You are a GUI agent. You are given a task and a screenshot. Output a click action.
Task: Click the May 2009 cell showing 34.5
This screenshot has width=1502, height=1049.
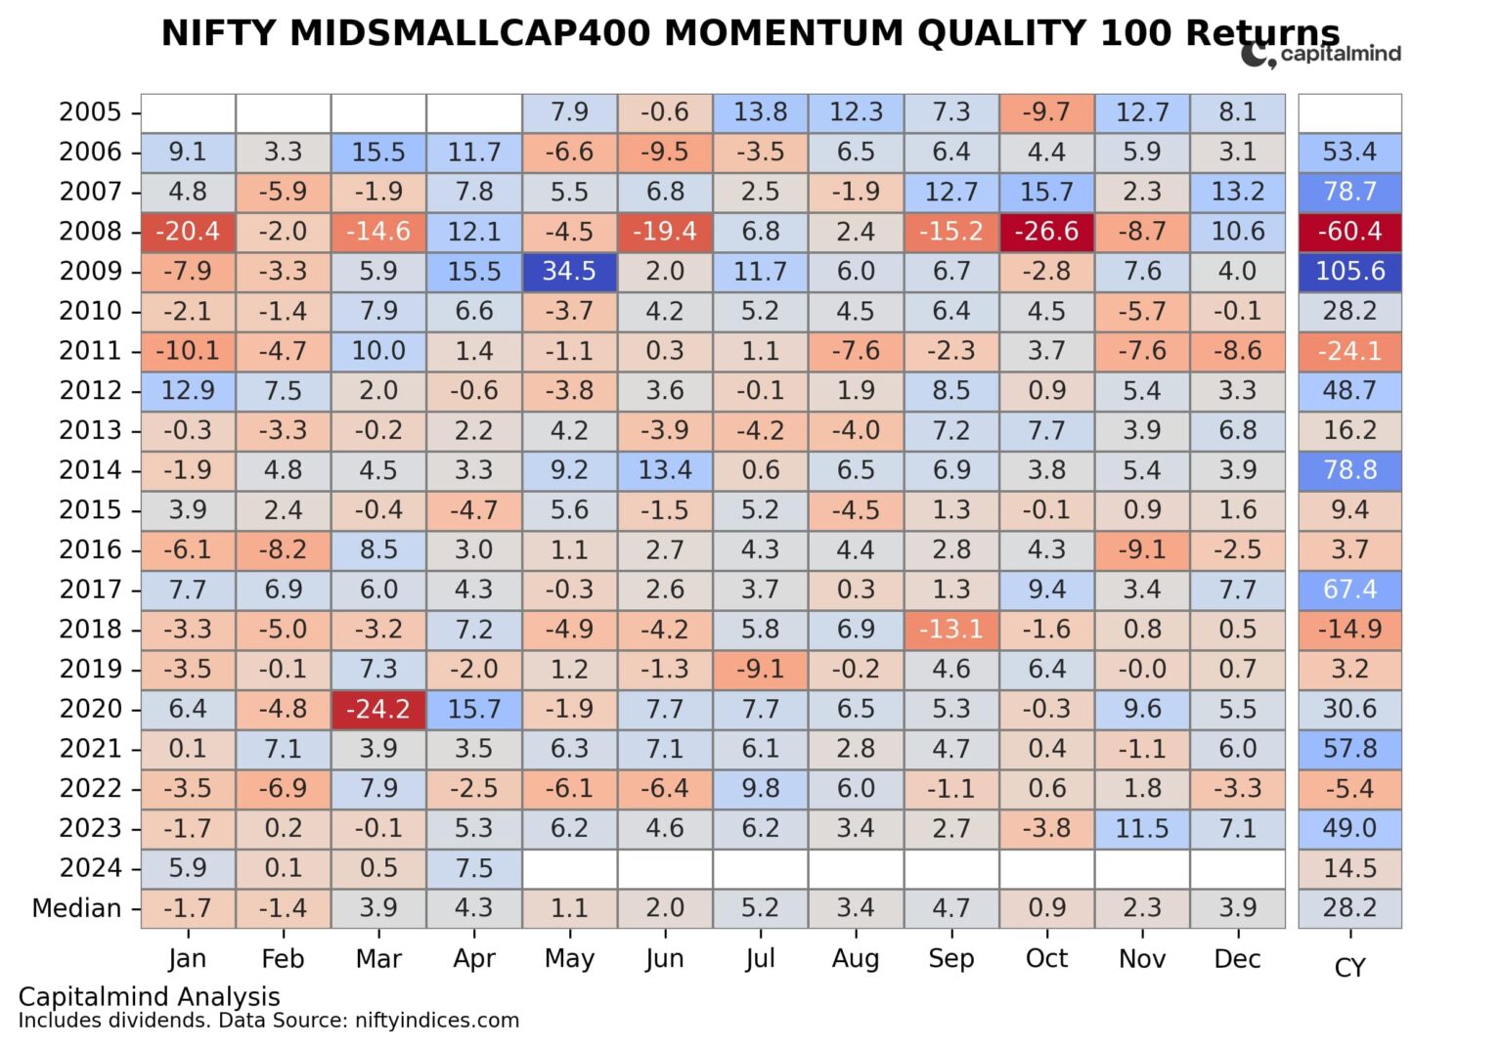click(569, 271)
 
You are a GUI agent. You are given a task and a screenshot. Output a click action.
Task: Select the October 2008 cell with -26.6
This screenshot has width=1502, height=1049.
click(1046, 232)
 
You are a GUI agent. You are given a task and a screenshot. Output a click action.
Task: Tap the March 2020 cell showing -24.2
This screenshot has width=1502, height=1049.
click(378, 709)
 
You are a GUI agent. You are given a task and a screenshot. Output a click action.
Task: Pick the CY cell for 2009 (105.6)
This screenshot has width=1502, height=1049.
click(1349, 271)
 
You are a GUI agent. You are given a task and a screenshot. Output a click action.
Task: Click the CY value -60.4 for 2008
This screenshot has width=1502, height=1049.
click(1349, 232)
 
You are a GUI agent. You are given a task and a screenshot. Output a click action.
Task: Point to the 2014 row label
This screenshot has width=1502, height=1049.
click(90, 470)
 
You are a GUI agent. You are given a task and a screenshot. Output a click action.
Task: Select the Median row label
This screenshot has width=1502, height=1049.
click(76, 908)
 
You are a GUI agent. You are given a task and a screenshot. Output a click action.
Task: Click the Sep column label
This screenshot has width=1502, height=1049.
click(951, 959)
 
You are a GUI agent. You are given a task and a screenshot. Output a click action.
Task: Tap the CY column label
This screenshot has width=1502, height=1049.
click(1349, 968)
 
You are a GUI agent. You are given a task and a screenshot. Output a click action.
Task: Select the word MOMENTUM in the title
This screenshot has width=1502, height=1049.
click(782, 33)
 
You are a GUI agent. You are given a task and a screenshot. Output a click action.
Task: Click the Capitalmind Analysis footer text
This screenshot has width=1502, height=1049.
click(149, 996)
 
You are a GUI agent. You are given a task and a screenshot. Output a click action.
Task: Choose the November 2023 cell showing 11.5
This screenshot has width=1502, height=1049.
click(1142, 828)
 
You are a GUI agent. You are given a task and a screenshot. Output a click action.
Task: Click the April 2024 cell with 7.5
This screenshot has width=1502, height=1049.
click(474, 868)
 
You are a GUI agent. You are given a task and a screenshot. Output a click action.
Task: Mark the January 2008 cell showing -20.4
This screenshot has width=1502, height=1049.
click(188, 232)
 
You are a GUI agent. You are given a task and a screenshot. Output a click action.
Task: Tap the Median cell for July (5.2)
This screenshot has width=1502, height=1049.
click(760, 908)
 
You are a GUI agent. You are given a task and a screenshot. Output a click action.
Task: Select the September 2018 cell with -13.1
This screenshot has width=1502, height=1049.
click(951, 630)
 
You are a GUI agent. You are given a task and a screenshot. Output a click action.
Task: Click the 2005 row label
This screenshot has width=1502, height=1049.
click(90, 112)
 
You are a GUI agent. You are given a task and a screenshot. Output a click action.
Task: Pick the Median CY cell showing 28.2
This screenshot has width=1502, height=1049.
click(1349, 908)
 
